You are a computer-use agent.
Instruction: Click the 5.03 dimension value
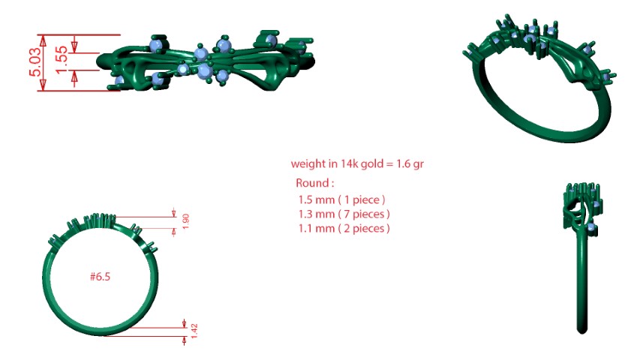pos(35,61)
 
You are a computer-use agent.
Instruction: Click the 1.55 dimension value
pos(62,59)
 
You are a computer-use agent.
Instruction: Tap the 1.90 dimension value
pos(186,221)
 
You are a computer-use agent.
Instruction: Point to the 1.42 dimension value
pos(194,331)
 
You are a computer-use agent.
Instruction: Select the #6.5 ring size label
pos(100,277)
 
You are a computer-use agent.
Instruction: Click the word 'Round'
pos(312,183)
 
